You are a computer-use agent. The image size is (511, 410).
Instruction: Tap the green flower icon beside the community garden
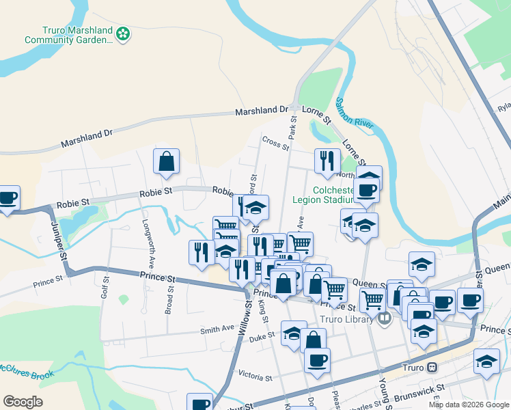[x=123, y=33]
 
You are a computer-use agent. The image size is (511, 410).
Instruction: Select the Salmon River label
[x=355, y=113]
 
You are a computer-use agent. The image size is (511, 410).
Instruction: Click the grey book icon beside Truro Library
[x=385, y=318]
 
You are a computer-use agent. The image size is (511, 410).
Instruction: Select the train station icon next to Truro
[x=432, y=367]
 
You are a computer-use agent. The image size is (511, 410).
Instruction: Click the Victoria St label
[x=255, y=377]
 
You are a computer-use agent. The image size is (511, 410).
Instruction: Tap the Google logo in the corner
[x=23, y=401]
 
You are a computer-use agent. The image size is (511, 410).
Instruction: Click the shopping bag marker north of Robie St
[x=167, y=162]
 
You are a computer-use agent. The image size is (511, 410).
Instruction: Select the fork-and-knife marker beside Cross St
[x=327, y=161]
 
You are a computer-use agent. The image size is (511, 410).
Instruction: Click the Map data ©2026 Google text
[x=469, y=405]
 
